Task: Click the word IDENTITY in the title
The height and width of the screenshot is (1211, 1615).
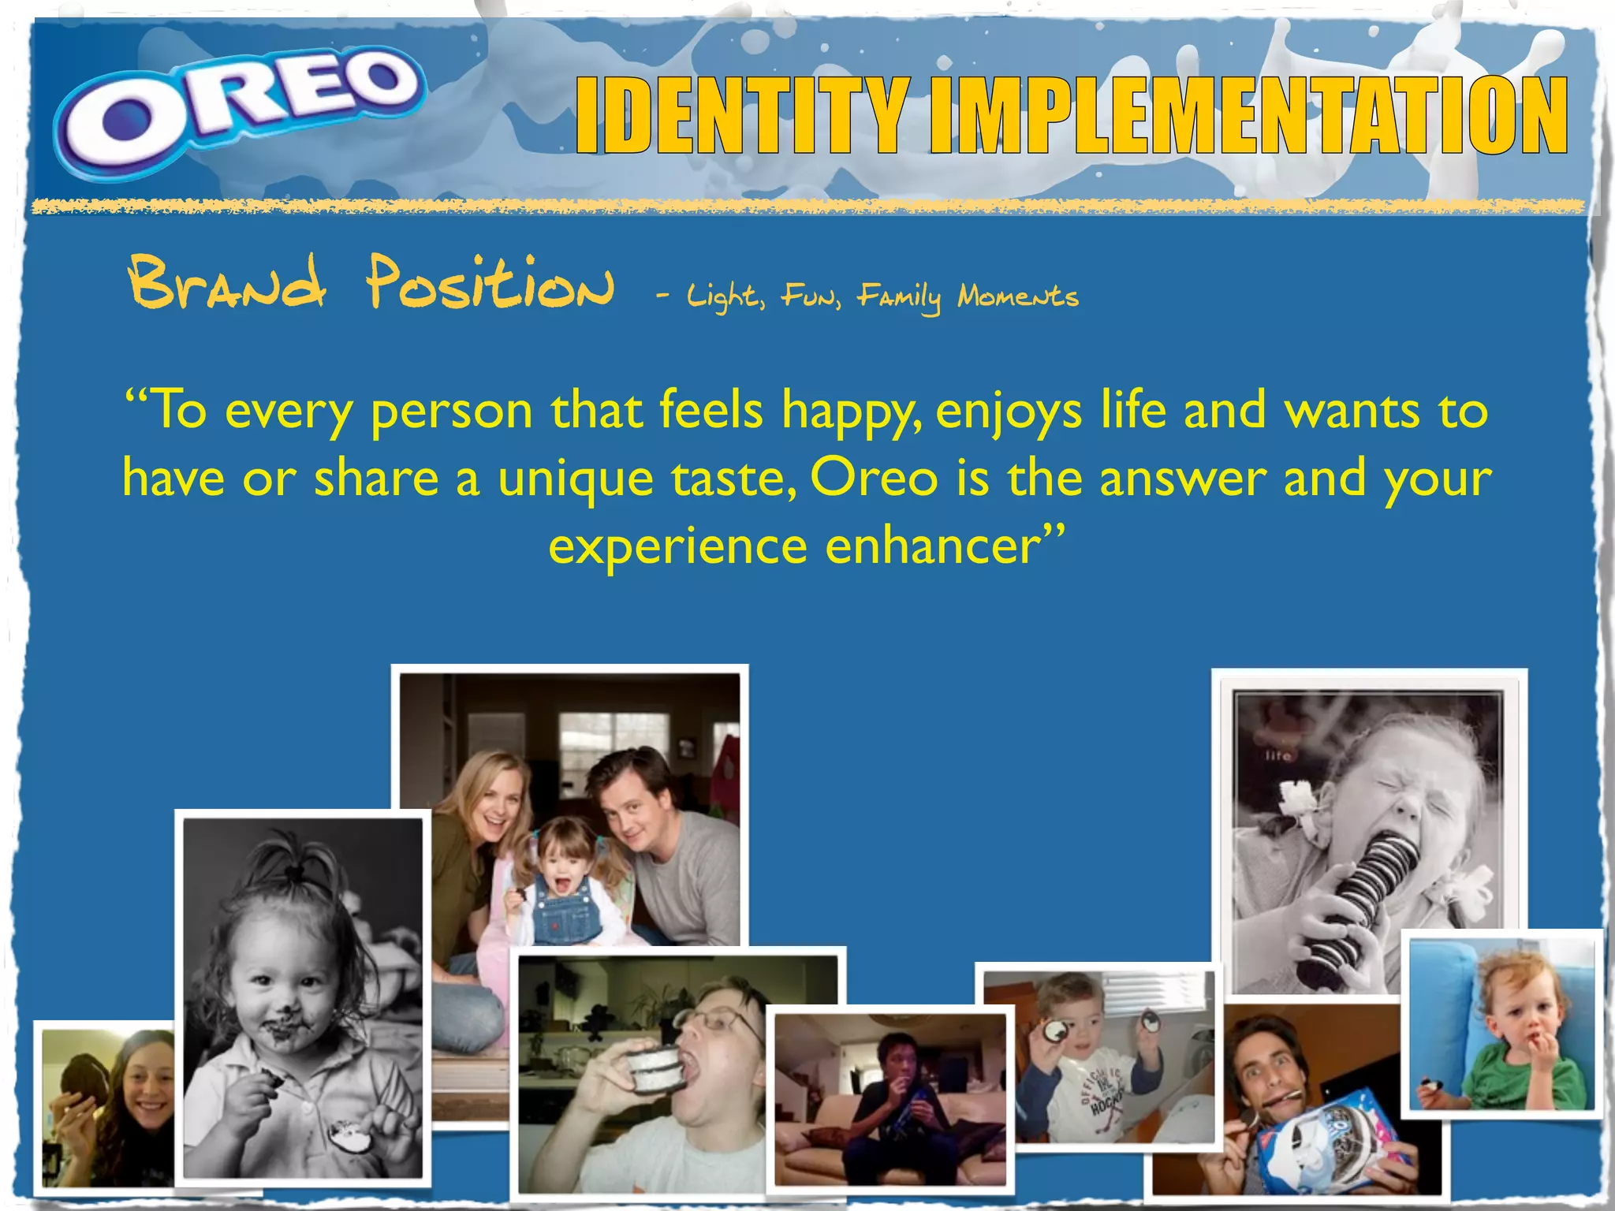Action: click(741, 116)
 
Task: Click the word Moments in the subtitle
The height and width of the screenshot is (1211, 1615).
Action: click(1017, 296)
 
